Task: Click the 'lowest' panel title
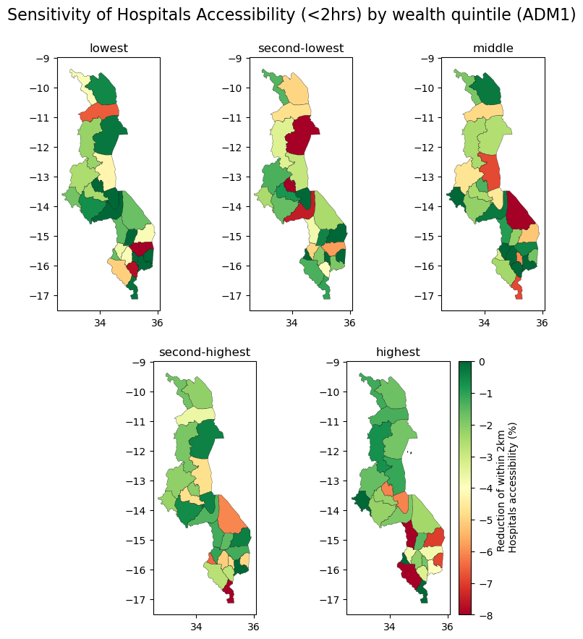(x=108, y=48)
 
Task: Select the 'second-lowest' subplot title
(x=301, y=48)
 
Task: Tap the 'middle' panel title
(x=493, y=48)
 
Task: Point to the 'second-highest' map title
(x=205, y=352)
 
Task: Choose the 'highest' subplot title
(x=398, y=352)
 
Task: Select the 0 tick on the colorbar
(x=482, y=362)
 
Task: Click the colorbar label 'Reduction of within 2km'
(x=501, y=487)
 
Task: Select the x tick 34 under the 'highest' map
(x=389, y=626)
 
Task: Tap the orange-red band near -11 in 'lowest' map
(x=99, y=112)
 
